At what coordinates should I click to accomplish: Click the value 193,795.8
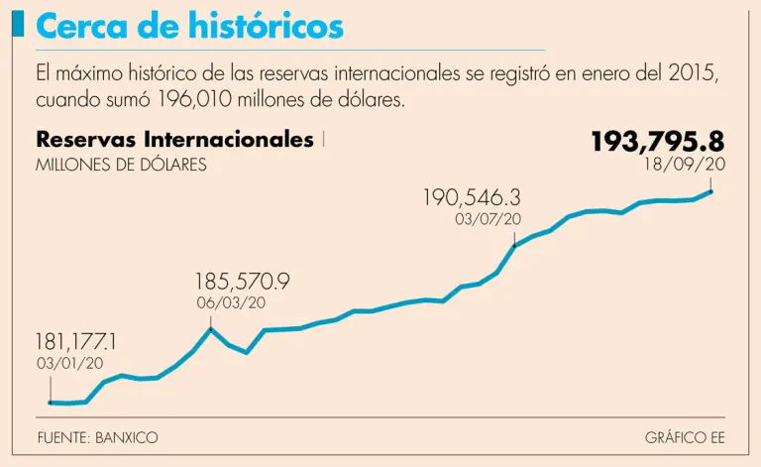657,141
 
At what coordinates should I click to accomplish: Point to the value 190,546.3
472,197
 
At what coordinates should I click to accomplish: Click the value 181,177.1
76,342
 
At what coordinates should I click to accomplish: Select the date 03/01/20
69,363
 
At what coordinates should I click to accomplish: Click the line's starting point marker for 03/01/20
51,403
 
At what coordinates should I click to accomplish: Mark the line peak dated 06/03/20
210,328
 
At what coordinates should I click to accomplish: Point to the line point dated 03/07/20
514,245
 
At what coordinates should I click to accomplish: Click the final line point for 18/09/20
711,191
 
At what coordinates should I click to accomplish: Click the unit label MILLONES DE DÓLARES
121,165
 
